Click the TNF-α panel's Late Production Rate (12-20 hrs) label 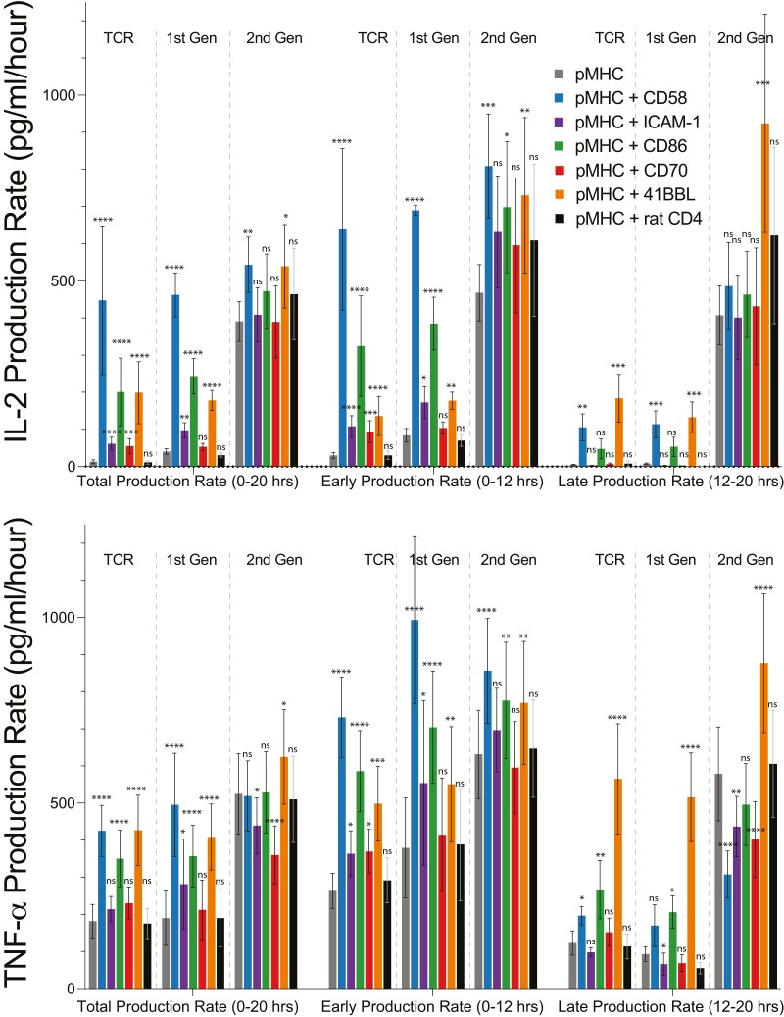coord(670,1006)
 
